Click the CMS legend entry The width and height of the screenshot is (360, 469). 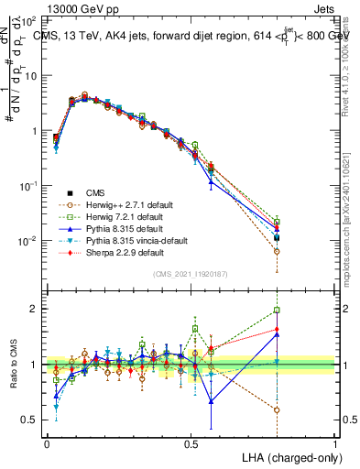click(x=94, y=192)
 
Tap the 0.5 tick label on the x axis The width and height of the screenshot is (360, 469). click(x=191, y=442)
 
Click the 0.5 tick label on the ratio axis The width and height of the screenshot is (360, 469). click(x=31, y=420)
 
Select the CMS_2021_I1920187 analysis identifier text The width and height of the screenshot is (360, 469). click(x=191, y=273)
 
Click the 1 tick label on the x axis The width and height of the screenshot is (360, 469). click(x=335, y=442)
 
